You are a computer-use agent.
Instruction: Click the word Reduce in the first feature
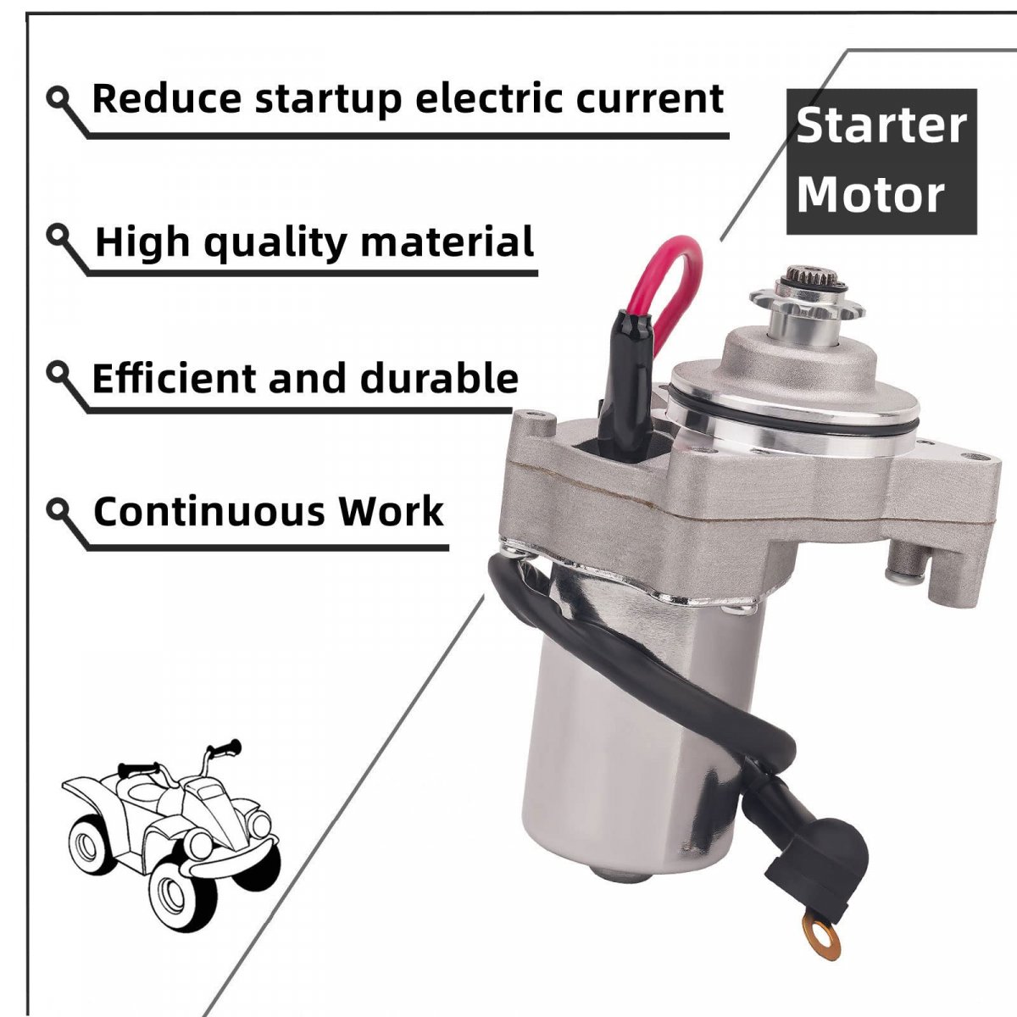tap(167, 98)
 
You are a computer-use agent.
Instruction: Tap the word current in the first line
tap(649, 98)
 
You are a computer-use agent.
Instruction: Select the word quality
tap(275, 243)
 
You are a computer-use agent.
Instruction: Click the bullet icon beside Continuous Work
tap(58, 511)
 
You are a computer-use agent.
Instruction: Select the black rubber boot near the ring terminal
tap(779, 865)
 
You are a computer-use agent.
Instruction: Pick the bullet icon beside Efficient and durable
tap(58, 373)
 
